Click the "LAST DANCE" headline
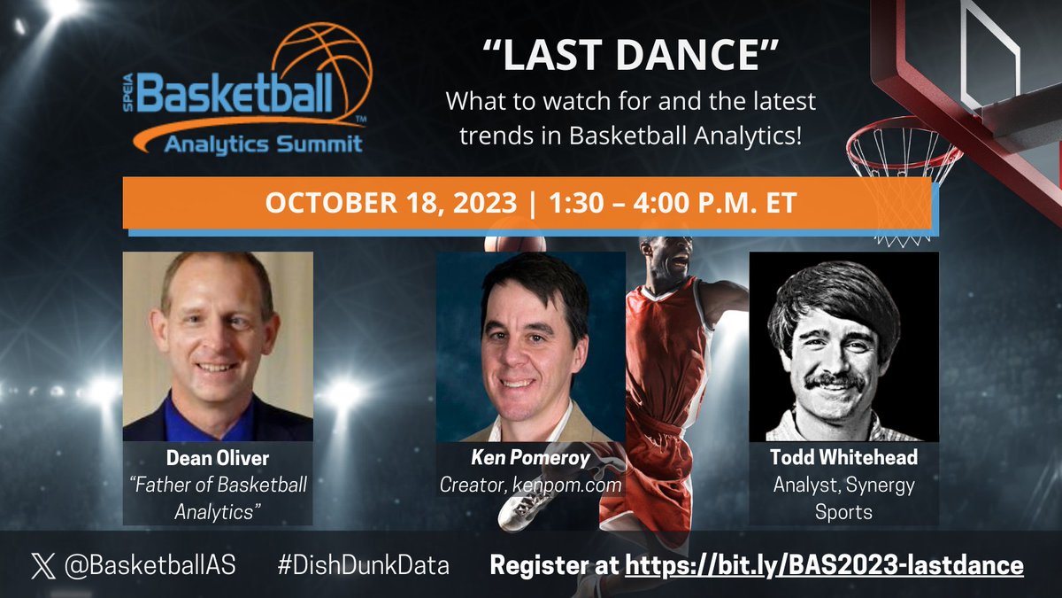point(631,55)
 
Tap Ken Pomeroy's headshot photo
point(530,347)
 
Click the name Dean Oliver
point(217,460)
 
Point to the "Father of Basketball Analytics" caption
point(217,498)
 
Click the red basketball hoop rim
point(903,146)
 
